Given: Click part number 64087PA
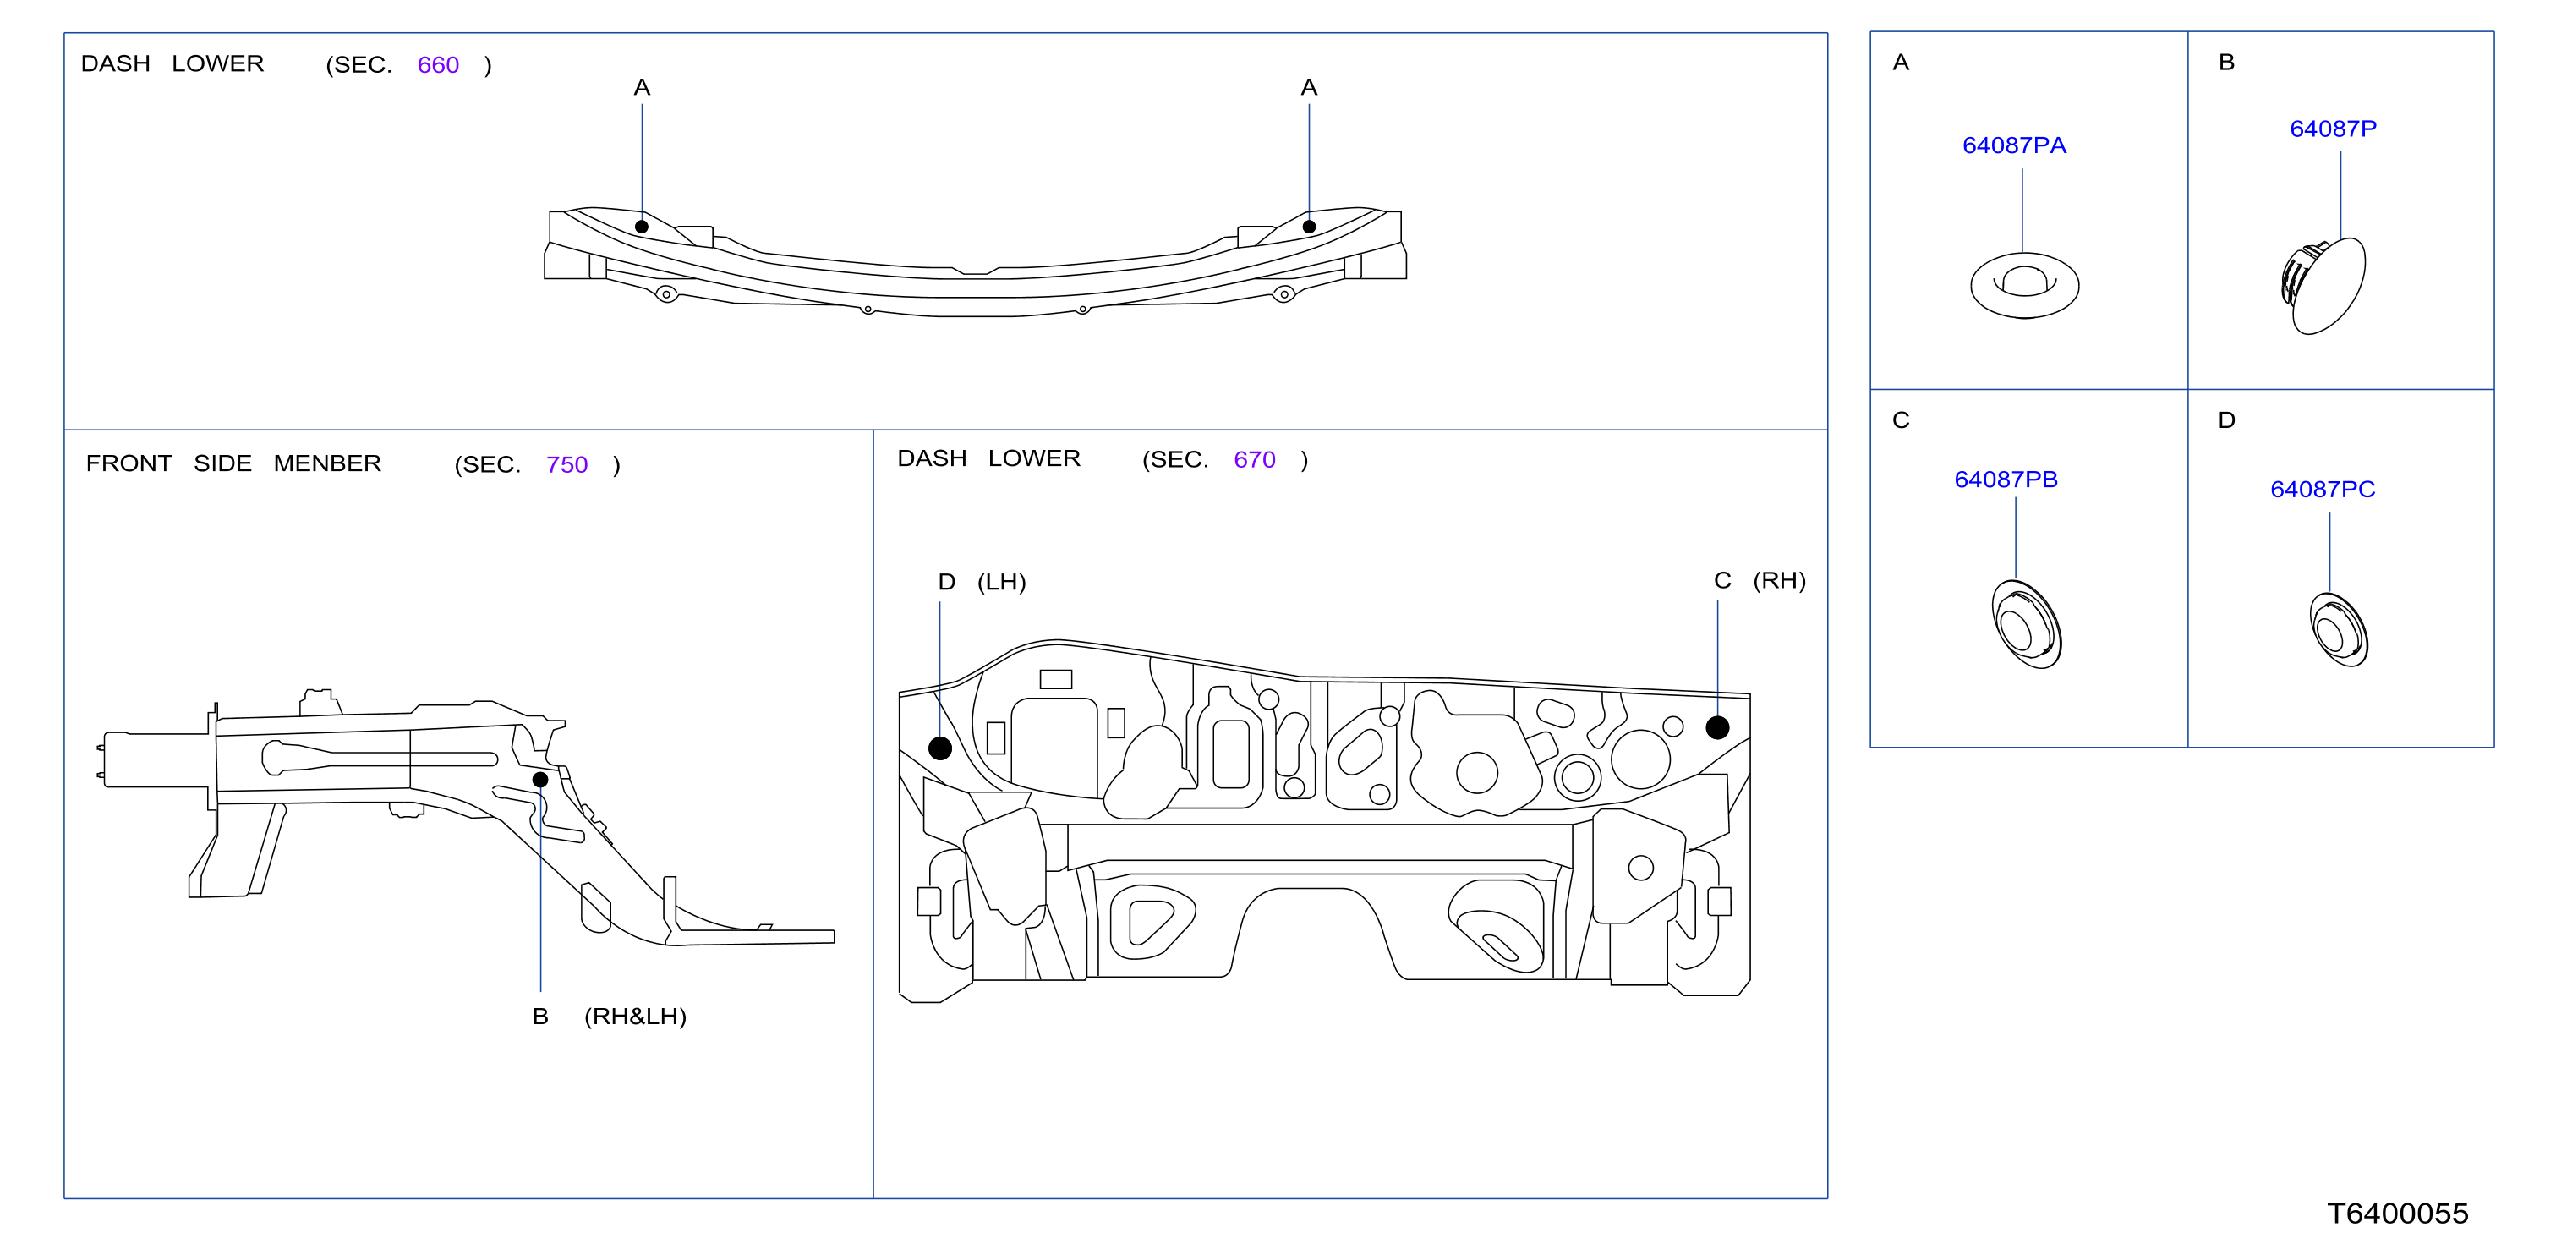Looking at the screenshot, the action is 2013,145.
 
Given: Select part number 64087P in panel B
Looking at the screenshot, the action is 2333,129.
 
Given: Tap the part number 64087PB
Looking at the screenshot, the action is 2006,480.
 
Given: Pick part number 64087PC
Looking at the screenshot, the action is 2322,490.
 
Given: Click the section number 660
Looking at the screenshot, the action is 439,65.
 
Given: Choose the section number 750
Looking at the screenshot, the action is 567,464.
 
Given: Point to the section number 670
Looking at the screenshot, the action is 1255,459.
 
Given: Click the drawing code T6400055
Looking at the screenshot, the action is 2398,1213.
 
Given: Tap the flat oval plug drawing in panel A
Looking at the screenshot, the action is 2024,286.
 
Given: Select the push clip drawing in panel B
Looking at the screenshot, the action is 2323,286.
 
